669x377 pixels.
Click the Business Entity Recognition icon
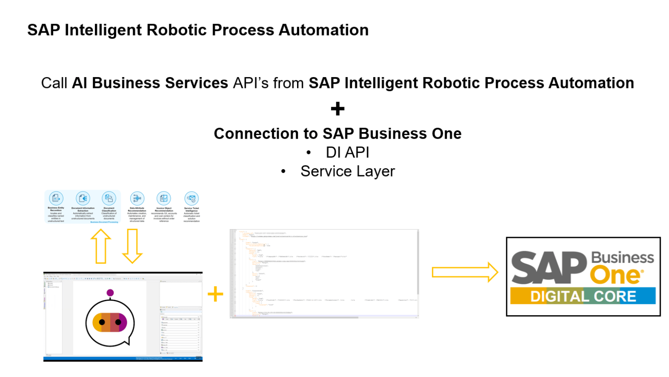pos(56,198)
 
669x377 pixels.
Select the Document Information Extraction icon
pos(83,198)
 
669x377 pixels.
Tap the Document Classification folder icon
pos(109,198)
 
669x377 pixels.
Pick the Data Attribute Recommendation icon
pos(137,198)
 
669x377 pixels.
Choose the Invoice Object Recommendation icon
pos(164,198)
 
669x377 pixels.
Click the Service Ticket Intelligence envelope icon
pos(191,198)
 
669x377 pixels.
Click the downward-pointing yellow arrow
pos(132,246)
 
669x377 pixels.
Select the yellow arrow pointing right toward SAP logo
pos(464,272)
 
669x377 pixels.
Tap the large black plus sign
pos(338,109)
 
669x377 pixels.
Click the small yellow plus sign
pos(215,294)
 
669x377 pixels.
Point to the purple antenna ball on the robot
pos(110,292)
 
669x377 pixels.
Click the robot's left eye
pos(102,322)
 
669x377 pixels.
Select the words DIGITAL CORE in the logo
pos(583,296)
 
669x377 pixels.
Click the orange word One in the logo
pos(615,275)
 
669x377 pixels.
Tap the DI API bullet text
pos(347,153)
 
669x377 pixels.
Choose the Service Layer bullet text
pos(347,171)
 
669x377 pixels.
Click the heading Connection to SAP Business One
pos(338,133)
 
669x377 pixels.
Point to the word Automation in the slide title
pos(324,30)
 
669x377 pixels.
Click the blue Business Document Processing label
pos(104,222)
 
